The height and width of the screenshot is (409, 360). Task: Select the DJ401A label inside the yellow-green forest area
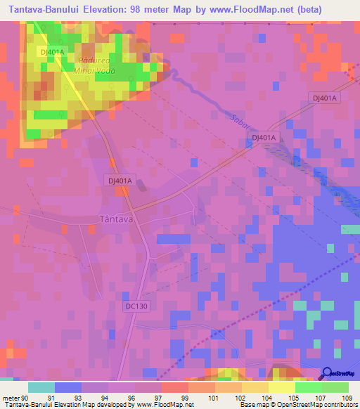click(52, 52)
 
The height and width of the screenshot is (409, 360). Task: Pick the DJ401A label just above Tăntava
click(120, 180)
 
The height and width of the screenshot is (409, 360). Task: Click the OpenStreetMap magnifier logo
click(327, 375)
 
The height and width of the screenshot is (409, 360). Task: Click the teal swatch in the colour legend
click(41, 387)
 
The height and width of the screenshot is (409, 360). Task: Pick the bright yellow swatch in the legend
click(281, 387)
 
